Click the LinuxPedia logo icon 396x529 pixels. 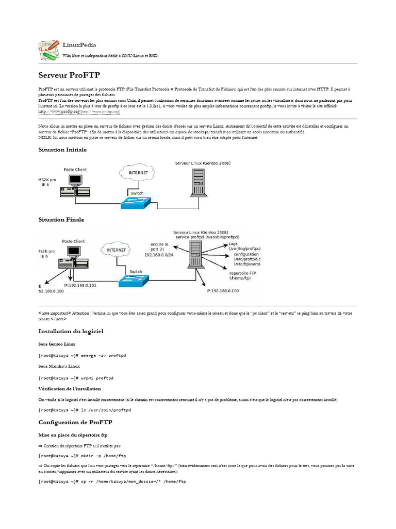(49, 50)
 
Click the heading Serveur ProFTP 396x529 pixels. (69, 75)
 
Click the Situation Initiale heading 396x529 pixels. (62, 149)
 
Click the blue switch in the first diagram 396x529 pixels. (136, 203)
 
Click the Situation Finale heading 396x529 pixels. (61, 220)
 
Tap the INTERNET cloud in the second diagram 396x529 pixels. (117, 250)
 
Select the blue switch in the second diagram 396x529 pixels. (132, 280)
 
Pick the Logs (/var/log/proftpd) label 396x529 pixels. (244, 246)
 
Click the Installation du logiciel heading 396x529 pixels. (71, 331)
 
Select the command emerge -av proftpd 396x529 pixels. (104, 356)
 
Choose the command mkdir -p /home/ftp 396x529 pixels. (103, 456)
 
